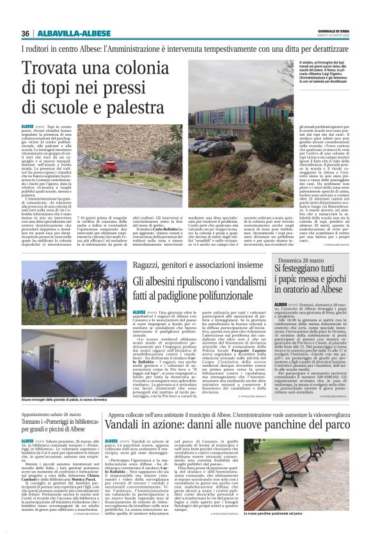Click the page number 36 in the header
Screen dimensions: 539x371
click(26, 33)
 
